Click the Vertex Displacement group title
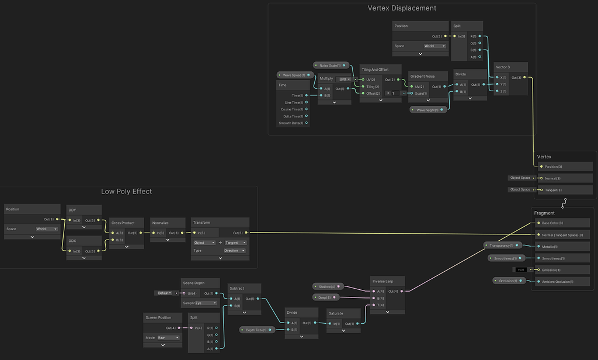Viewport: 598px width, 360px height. click(402, 8)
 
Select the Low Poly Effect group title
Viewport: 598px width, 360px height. click(126, 191)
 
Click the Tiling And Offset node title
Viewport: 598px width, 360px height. click(374, 70)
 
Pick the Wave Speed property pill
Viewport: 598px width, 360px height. click(294, 75)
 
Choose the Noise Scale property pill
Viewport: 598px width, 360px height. click(331, 65)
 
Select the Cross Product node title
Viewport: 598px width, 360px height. click(123, 223)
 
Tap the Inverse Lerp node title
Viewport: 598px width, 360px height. click(383, 281)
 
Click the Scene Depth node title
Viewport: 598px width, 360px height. click(193, 283)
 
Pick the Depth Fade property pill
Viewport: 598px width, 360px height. click(257, 330)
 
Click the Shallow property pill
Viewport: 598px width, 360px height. click(328, 286)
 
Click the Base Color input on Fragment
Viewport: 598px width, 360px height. click(552, 223)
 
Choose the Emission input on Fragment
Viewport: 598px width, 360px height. click(551, 269)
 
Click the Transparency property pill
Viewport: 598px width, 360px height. click(502, 245)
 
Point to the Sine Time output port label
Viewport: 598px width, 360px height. click(294, 102)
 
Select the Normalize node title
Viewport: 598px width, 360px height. click(161, 223)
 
